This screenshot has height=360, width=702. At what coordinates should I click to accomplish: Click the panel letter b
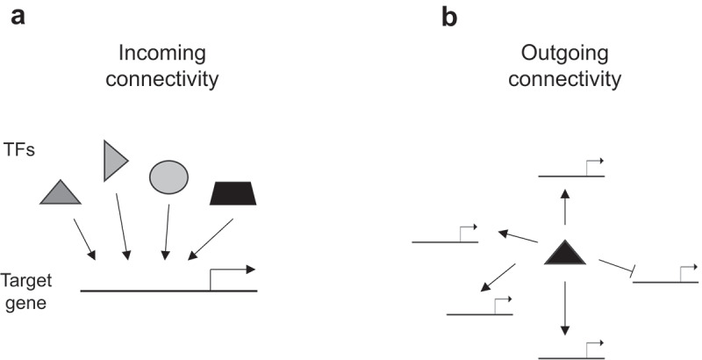448,17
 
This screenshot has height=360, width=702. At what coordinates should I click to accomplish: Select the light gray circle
166,176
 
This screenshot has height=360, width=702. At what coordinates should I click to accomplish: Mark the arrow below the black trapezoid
210,240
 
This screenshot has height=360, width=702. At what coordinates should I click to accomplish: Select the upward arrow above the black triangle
565,206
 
